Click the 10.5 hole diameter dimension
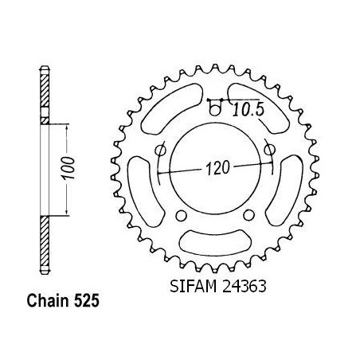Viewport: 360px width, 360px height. click(x=248, y=110)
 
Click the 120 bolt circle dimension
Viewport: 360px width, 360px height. click(x=217, y=168)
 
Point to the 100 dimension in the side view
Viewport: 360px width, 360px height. click(x=68, y=168)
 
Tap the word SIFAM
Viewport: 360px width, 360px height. click(x=193, y=286)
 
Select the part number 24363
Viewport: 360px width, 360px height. click(x=244, y=286)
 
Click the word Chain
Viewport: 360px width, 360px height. click(x=48, y=301)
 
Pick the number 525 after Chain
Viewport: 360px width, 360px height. click(x=87, y=301)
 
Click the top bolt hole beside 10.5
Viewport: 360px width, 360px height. click(x=215, y=109)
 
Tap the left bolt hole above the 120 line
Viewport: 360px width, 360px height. click(x=160, y=151)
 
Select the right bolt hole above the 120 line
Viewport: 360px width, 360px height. click(x=269, y=150)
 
